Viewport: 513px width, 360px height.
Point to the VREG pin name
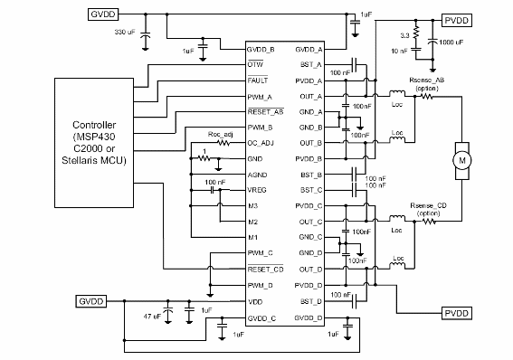[x=258, y=191]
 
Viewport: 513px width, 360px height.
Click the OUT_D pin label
[x=310, y=269]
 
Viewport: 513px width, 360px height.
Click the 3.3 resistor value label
[x=404, y=35]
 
